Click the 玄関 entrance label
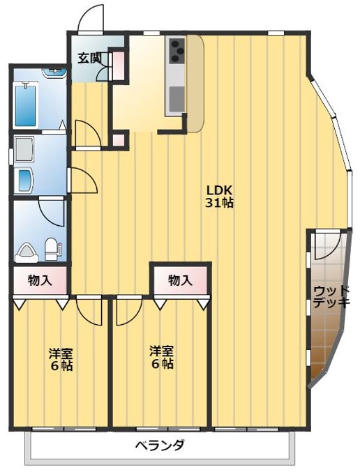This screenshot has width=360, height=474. [89, 58]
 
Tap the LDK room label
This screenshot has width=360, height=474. [219, 190]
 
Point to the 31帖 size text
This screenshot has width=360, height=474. [219, 203]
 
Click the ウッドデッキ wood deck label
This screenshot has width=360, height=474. [331, 297]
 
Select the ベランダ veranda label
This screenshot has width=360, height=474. [160, 445]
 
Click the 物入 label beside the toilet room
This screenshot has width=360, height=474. [40, 280]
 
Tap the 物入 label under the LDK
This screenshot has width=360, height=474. [180, 280]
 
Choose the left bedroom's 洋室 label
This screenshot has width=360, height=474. [61, 353]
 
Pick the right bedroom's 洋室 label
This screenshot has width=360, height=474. [162, 351]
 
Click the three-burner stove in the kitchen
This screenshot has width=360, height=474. [177, 51]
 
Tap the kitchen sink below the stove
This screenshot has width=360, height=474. [177, 98]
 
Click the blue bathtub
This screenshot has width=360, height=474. [25, 104]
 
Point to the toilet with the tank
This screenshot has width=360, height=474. [51, 249]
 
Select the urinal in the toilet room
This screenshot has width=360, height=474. [27, 253]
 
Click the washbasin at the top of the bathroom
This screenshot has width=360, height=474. [54, 72]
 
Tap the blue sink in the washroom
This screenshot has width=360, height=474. [25, 180]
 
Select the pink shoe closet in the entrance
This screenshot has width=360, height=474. [119, 66]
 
